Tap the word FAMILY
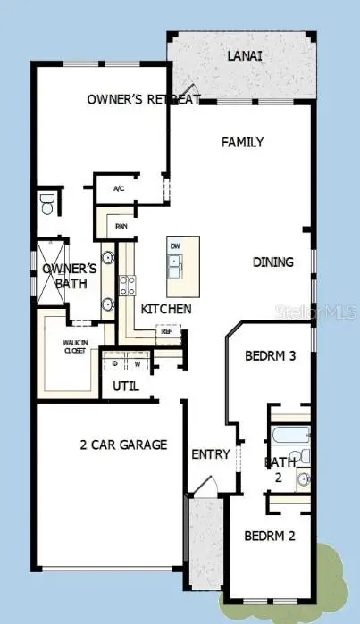[x=242, y=142]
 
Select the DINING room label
[x=272, y=262]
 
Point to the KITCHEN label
[x=166, y=309]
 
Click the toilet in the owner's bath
[x=47, y=204]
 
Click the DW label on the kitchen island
[x=175, y=245]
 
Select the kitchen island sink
[x=175, y=266]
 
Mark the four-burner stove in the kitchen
[x=127, y=286]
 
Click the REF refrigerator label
[x=166, y=331]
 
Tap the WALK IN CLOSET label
[x=75, y=347]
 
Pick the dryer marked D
[x=115, y=363]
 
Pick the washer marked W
[x=138, y=363]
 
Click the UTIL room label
[x=125, y=387]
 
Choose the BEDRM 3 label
[x=270, y=356]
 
